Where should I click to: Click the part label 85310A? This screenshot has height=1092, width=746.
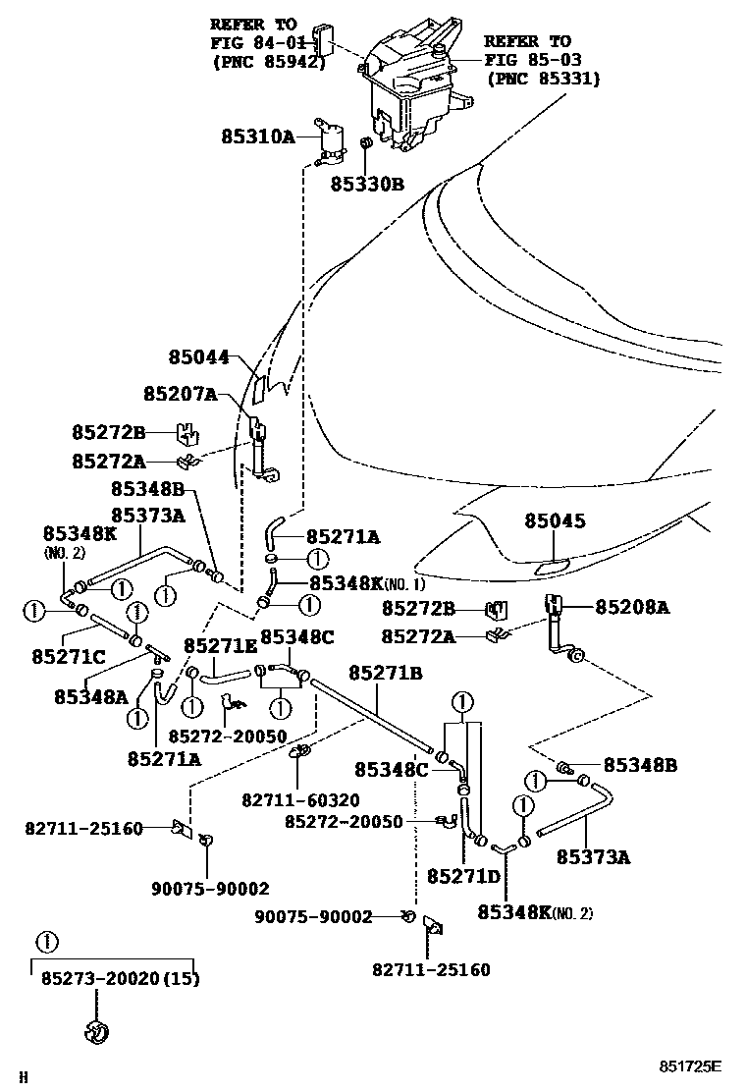[257, 137]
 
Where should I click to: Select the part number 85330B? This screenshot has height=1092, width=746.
[366, 183]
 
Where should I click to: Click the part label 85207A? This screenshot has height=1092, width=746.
[180, 393]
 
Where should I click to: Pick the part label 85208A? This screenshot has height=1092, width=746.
[631, 608]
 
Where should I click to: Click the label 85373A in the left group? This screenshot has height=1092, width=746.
[147, 515]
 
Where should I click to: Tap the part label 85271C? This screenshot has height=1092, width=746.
[68, 655]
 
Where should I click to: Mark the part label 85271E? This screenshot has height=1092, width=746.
[220, 645]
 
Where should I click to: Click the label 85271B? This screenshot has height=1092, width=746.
[385, 673]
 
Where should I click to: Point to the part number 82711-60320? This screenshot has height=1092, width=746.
[300, 799]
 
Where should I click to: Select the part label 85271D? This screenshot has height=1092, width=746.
[463, 874]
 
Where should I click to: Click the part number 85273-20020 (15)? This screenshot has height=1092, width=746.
[120, 979]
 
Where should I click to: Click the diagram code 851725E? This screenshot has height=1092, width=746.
[689, 1065]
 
